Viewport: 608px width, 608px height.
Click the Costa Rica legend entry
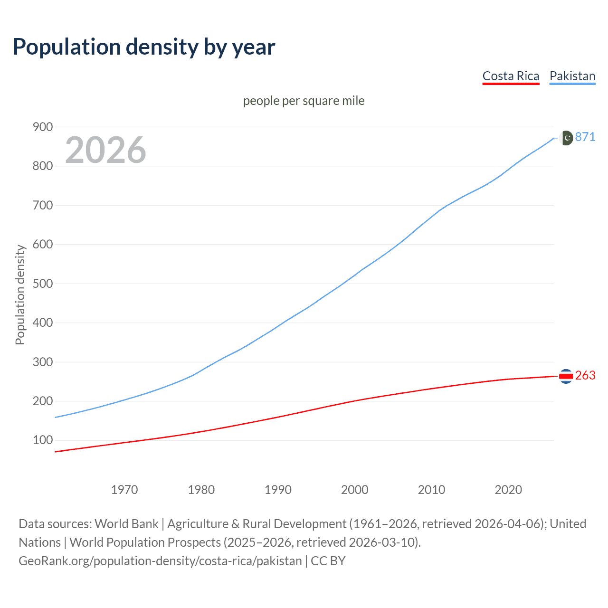[511, 76]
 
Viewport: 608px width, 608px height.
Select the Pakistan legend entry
[572, 76]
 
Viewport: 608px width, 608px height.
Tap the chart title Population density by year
[144, 47]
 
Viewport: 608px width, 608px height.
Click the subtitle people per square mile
[304, 101]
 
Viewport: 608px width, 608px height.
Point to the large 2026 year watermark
[105, 150]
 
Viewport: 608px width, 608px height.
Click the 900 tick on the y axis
[42, 127]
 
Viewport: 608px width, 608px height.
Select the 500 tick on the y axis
[42, 284]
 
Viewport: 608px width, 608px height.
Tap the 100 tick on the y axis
[42, 440]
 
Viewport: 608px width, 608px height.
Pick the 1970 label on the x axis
[124, 490]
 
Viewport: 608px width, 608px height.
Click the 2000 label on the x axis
[354, 490]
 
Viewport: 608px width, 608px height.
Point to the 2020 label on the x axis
[508, 490]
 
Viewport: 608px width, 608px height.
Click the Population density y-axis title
[20, 294]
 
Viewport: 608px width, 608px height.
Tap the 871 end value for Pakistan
[585, 137]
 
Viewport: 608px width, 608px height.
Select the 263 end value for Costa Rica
[585, 376]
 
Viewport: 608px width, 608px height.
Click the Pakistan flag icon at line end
[566, 138]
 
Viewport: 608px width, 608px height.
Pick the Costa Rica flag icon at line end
[566, 376]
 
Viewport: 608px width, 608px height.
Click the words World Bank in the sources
[126, 524]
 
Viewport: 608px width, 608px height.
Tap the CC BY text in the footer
[328, 561]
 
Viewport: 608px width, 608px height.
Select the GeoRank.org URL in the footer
[160, 561]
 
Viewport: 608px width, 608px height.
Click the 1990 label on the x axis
[278, 490]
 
